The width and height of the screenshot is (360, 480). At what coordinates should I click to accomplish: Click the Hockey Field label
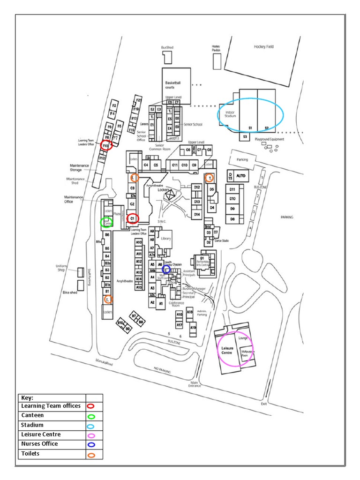[263, 47]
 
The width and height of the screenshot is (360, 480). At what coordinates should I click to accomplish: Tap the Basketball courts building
[176, 85]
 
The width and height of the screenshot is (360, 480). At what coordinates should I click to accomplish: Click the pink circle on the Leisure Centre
[236, 349]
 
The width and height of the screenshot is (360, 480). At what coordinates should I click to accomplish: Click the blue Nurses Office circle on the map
[166, 269]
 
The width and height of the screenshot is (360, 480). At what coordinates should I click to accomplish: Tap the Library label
[165, 239]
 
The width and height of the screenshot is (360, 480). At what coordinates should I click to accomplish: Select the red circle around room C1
[133, 218]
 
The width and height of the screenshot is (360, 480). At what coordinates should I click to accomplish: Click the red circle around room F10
[106, 145]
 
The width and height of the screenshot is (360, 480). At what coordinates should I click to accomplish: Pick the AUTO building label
[241, 175]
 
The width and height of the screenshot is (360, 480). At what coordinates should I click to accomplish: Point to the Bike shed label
[69, 292]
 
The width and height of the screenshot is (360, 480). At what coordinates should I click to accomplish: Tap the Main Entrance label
[195, 384]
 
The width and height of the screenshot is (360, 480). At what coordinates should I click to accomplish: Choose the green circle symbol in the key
[91, 416]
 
